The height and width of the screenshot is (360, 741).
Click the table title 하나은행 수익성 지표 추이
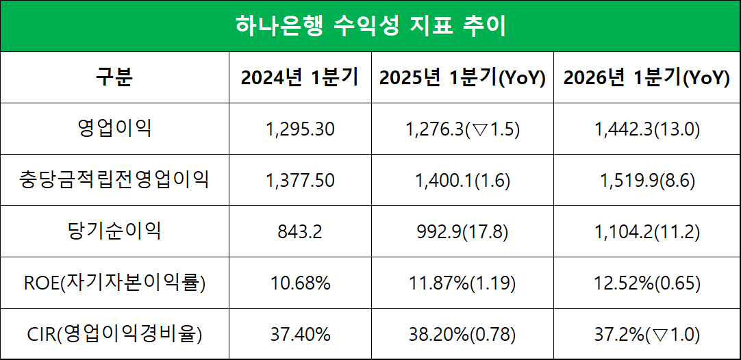[x=370, y=26]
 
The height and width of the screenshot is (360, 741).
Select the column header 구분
[x=114, y=77]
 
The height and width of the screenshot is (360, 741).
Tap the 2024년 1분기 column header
[x=299, y=77]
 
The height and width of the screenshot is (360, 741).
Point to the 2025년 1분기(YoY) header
[x=462, y=77]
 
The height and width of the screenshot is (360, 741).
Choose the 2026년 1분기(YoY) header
[x=646, y=77]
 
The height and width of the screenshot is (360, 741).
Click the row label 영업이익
[x=114, y=128]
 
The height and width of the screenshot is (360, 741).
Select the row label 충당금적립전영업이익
[x=114, y=180]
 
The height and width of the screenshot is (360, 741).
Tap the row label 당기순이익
[x=114, y=231]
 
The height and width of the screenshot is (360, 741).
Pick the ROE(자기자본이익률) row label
[x=114, y=283]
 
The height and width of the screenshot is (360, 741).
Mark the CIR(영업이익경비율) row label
[x=114, y=334]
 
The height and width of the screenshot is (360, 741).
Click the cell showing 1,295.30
[x=299, y=129]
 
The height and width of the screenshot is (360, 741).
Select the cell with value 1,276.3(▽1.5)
[x=462, y=129]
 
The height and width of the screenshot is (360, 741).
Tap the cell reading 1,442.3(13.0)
[x=646, y=129]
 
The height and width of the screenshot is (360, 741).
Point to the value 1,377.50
[x=299, y=180]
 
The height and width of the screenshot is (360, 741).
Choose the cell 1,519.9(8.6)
[x=646, y=180]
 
